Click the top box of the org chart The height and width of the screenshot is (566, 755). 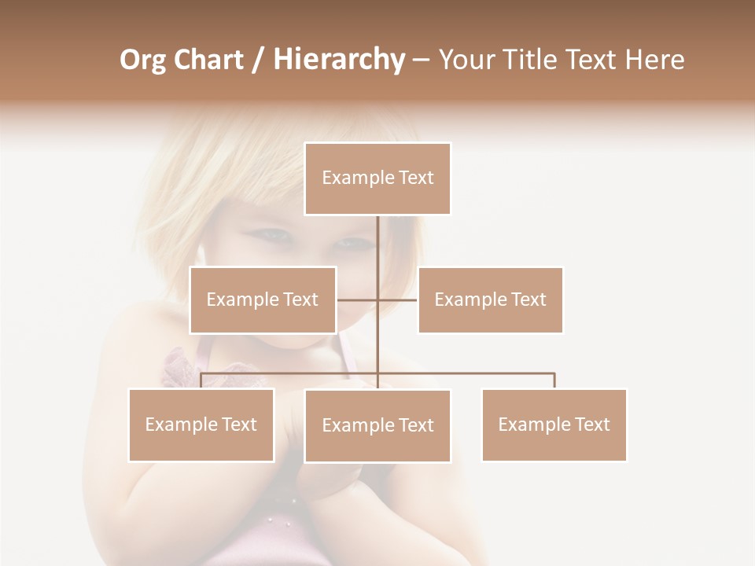click(x=377, y=178)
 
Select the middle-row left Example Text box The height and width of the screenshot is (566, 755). click(x=263, y=300)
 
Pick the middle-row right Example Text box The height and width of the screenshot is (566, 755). click(x=490, y=300)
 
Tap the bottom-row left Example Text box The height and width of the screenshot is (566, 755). click(x=201, y=424)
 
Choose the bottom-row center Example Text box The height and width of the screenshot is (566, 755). click(x=377, y=425)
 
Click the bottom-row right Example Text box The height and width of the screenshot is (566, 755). click(x=554, y=424)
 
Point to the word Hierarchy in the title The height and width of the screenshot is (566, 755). click(x=338, y=60)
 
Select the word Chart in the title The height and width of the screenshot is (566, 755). click(x=209, y=60)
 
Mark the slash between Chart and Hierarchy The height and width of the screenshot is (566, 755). click(x=259, y=60)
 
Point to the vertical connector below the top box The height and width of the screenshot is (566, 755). click(x=378, y=252)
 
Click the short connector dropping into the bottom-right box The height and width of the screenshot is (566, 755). click(x=554, y=380)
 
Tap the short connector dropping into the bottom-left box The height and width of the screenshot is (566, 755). click(x=201, y=380)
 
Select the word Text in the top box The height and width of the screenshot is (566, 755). click(x=415, y=178)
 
